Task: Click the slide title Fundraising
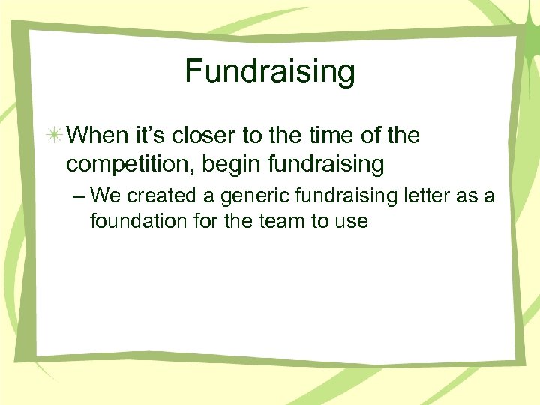270,72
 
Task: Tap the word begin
224,163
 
